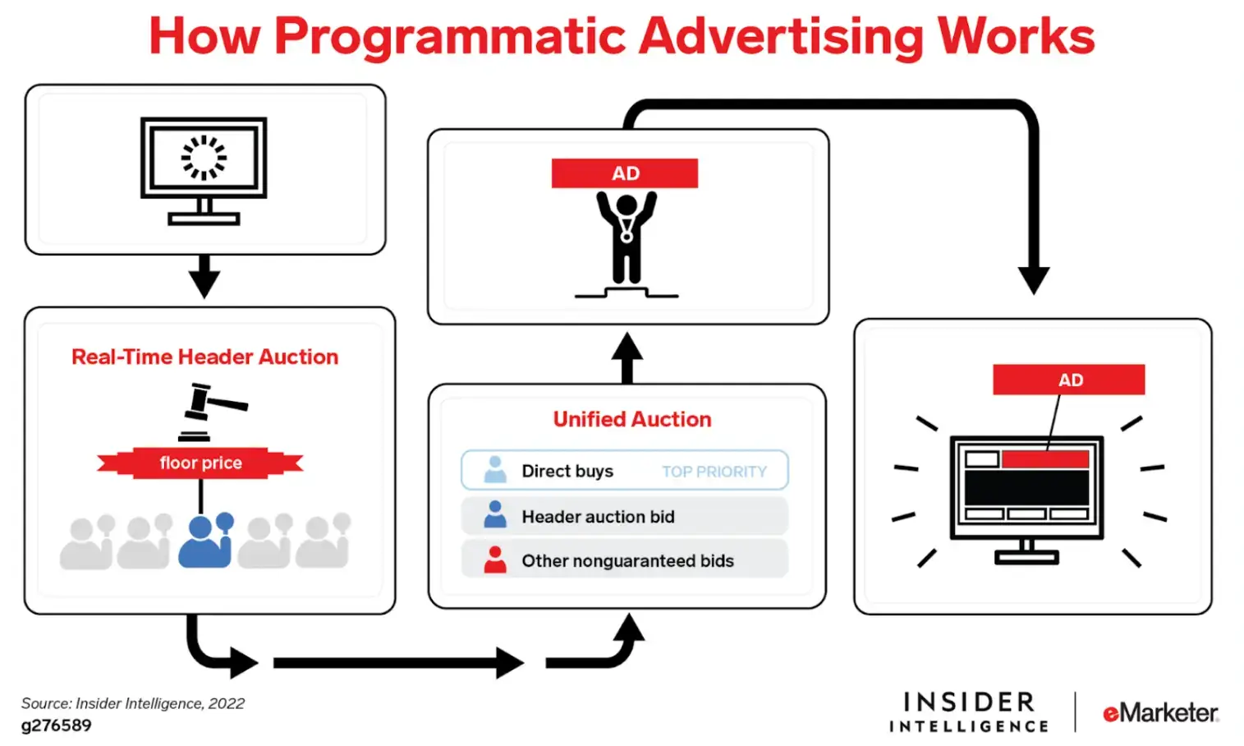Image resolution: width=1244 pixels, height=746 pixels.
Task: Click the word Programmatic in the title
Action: click(450, 37)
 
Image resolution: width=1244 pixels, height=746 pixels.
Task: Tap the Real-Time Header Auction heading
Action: click(204, 357)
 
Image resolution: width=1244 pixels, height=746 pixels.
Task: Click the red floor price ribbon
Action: click(200, 463)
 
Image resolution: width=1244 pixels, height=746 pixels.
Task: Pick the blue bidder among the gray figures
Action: click(205, 540)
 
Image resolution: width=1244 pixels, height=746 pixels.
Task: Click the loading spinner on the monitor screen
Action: click(204, 157)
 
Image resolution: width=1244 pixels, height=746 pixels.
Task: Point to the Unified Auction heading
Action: click(631, 419)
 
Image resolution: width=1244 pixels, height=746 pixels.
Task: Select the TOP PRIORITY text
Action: click(714, 472)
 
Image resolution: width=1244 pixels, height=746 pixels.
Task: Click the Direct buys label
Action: click(567, 471)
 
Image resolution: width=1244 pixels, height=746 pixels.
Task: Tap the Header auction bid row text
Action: click(598, 517)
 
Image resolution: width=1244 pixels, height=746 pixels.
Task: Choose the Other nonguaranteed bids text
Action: click(627, 561)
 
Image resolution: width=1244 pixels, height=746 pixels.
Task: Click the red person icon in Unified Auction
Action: click(495, 559)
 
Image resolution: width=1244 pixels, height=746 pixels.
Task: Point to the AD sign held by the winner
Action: click(625, 173)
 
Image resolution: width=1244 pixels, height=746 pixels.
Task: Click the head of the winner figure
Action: click(627, 205)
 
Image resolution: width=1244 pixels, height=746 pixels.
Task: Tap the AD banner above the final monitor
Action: click(1068, 380)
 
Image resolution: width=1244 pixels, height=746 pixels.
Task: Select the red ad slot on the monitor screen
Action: click(1044, 458)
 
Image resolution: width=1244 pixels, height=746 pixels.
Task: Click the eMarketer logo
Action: click(1159, 712)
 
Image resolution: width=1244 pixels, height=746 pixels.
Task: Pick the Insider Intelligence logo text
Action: click(969, 712)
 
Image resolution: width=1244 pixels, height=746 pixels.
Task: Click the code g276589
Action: click(57, 725)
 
